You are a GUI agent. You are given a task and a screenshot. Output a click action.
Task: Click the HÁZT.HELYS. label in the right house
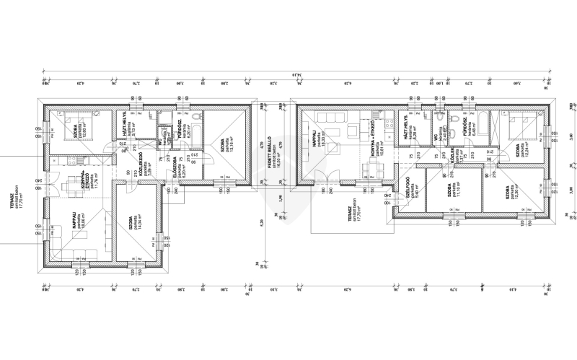coord(406,125)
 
